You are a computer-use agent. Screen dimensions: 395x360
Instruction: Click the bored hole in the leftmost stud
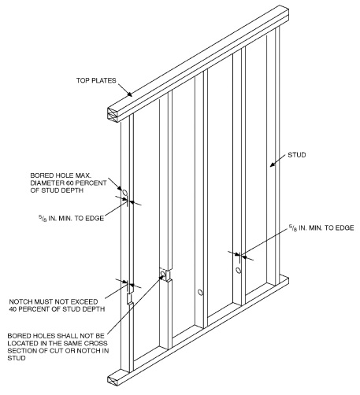[x=124, y=191]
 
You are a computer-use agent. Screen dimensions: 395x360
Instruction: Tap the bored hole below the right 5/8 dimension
[x=239, y=270]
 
